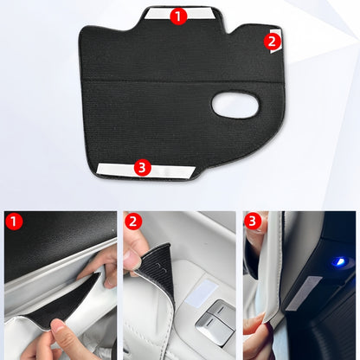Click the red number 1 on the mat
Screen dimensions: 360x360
point(178,16)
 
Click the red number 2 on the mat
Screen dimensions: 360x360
point(272,40)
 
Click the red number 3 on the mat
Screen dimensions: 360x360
point(144,167)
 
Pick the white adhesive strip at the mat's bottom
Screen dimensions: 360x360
point(118,168)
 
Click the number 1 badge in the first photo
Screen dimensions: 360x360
point(13,221)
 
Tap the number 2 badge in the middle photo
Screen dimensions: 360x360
point(132,221)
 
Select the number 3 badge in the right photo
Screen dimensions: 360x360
point(253,221)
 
